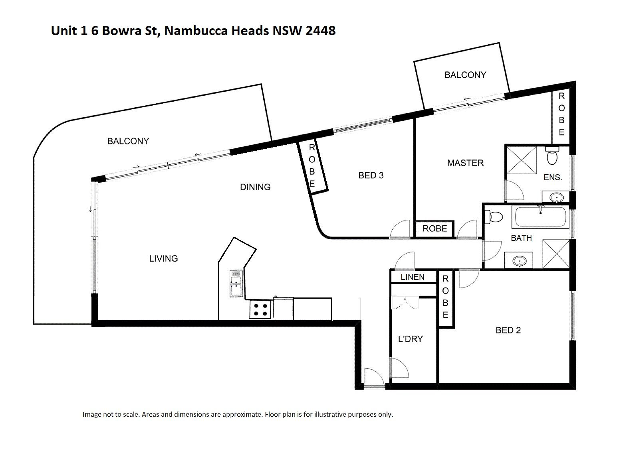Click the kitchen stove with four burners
[260, 309]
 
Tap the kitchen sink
[236, 284]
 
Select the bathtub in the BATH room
[541, 217]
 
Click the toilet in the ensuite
[552, 156]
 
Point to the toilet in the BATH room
[494, 217]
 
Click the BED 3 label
[371, 175]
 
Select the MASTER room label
[465, 163]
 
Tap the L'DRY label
[410, 339]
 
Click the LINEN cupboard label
[413, 277]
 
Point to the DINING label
[255, 187]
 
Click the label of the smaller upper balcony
[465, 75]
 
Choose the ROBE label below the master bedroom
[435, 229]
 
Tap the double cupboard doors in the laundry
[405, 303]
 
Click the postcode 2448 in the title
[320, 31]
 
